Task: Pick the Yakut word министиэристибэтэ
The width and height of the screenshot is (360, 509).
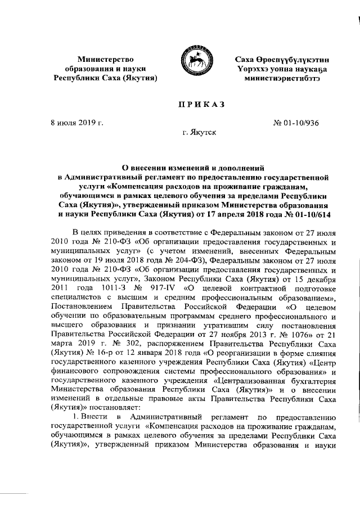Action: click(282, 77)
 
